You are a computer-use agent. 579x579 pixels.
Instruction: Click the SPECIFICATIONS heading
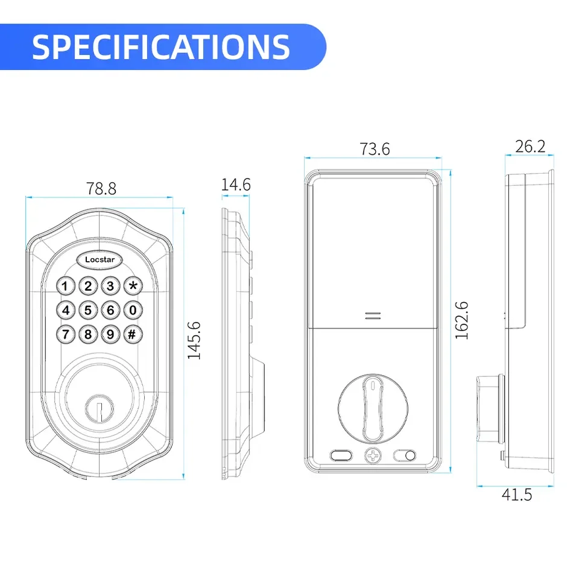point(161,46)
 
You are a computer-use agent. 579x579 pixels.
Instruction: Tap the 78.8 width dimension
point(101,188)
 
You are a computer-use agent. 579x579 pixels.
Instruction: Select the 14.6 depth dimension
point(235,185)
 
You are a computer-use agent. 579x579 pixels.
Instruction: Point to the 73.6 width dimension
point(375,149)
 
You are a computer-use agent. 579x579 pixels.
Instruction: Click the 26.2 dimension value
point(530,146)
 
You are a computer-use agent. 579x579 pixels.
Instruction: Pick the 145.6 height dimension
point(194,341)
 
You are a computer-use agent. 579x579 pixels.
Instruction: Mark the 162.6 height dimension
point(462,320)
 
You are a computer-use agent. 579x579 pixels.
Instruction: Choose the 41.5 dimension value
point(517,495)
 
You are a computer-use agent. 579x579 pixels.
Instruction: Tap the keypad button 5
point(88,311)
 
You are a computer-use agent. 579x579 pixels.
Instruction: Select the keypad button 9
point(110,333)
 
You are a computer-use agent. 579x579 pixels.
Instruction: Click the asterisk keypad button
point(133,286)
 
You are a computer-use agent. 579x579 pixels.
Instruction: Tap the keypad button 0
point(133,311)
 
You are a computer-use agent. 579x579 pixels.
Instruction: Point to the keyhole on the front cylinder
point(100,406)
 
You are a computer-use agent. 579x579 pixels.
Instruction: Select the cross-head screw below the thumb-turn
point(373,455)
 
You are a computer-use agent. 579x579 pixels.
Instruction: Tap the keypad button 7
point(66,333)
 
